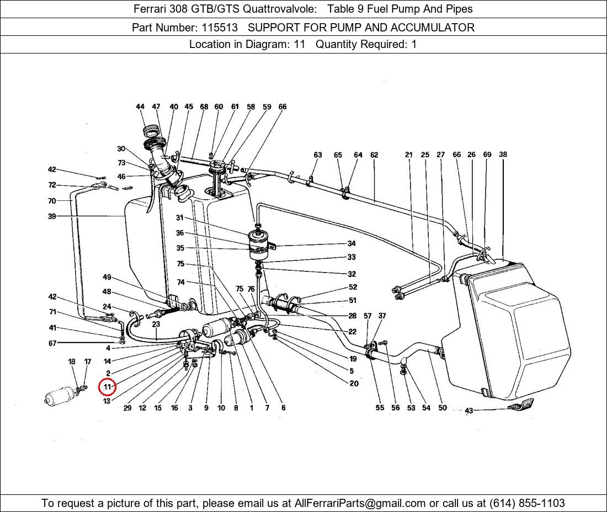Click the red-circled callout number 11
click(107, 387)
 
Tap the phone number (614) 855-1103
click(527, 503)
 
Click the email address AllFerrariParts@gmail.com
click(360, 503)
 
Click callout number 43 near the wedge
click(469, 410)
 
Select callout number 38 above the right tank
click(503, 154)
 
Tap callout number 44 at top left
click(140, 106)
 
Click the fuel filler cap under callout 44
click(151, 130)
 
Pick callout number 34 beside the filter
click(352, 243)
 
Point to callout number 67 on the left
click(52, 343)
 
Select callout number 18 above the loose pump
click(72, 361)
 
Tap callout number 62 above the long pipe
click(374, 155)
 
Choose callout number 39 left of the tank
click(52, 216)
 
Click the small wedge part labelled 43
click(521, 404)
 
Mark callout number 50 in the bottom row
click(443, 408)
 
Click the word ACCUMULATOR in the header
click(433, 28)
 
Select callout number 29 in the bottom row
click(127, 408)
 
